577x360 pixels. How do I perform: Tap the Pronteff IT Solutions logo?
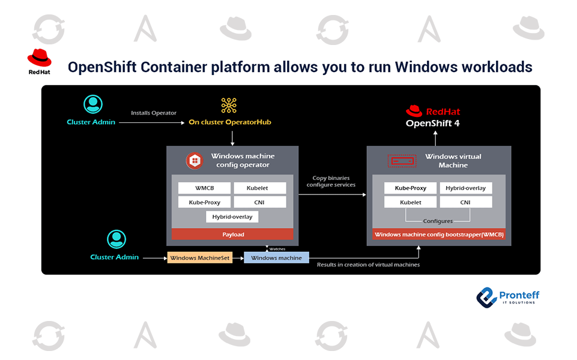(507, 296)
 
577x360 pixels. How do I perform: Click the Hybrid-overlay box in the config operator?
(232, 216)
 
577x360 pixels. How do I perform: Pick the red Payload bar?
(232, 234)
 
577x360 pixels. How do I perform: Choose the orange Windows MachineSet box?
(200, 258)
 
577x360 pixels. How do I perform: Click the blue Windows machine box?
(277, 258)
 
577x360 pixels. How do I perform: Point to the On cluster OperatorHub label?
(229, 122)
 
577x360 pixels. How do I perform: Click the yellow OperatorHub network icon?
(229, 105)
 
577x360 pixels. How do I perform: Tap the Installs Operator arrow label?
(154, 113)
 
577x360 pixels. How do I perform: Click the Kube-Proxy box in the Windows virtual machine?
(410, 188)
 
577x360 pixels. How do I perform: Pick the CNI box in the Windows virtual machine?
(465, 203)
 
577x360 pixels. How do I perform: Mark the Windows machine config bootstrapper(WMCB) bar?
(439, 235)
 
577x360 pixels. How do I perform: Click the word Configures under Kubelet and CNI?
(438, 221)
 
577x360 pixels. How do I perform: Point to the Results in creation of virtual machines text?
(368, 264)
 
